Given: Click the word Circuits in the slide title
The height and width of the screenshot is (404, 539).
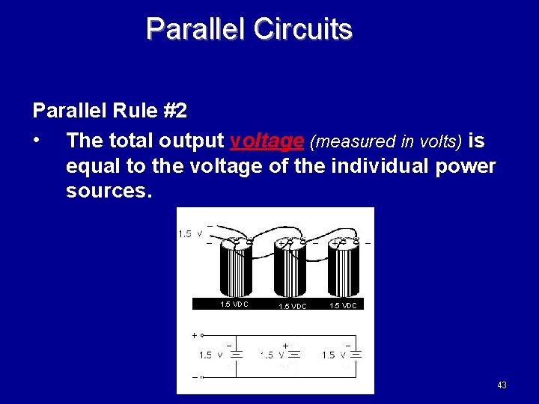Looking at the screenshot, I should pos(302,29).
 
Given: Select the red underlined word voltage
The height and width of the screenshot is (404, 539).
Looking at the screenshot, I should pos(267,141).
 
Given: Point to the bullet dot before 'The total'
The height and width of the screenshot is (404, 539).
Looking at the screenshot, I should pos(37,141).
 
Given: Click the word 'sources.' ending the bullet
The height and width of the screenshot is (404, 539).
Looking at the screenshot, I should pos(109,191).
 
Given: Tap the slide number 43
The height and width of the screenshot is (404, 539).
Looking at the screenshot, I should pos(502,385).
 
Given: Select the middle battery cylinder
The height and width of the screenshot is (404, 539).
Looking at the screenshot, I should pos(290,269).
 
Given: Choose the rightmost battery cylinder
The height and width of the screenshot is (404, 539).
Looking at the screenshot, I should pos(345,269).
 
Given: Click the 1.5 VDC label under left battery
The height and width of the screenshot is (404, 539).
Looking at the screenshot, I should pos(234,304).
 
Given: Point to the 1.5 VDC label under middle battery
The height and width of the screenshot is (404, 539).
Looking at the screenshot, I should pos(292,306).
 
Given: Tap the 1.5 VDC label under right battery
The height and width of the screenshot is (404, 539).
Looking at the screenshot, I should pos(344,305).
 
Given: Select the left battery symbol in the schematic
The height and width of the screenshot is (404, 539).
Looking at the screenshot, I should pos(234,355).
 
